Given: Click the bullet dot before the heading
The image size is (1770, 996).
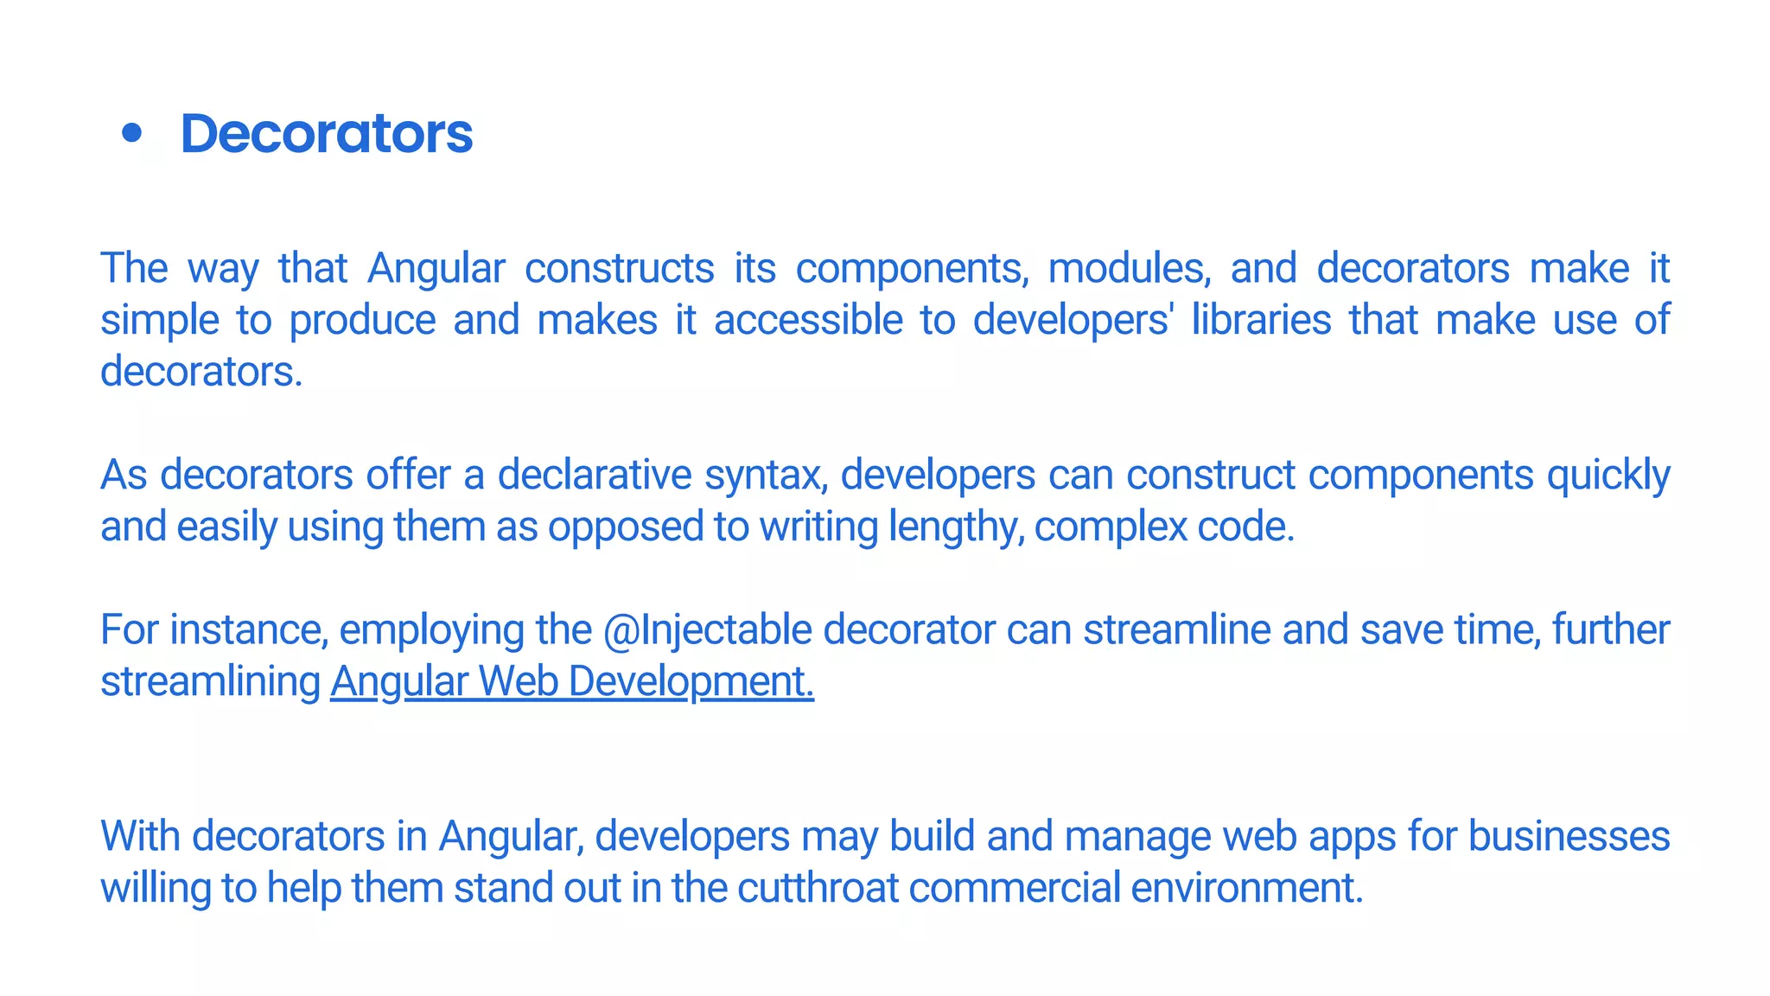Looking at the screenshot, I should tap(131, 133).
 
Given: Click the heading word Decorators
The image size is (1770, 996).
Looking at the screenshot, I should tap(326, 134).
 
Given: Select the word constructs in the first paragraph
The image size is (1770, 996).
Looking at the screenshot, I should tap(619, 268).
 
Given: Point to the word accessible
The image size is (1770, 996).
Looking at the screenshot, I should tap(808, 320).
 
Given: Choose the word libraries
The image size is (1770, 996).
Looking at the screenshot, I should tap(1261, 320).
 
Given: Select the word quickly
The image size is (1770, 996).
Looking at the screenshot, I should tap(1608, 475).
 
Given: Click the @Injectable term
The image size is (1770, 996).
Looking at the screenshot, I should tap(707, 629).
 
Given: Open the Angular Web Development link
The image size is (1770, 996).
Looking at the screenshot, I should tap(571, 681).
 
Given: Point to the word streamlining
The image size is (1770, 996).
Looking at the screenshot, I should tap(210, 681).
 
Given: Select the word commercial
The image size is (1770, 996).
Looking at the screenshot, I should tap(1015, 888).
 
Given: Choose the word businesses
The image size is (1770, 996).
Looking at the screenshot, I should tap(1569, 836).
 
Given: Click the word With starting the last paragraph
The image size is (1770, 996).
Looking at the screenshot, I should tap(140, 836).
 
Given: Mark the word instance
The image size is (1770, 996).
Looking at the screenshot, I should tap(248, 629).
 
